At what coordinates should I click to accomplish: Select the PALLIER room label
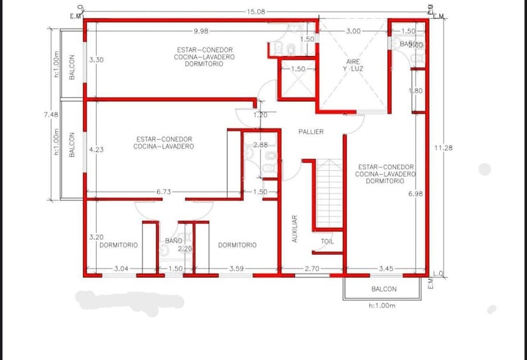(311, 132)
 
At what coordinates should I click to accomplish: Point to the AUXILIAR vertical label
(295, 228)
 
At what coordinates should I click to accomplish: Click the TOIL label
(327, 242)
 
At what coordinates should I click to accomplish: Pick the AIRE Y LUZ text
(353, 65)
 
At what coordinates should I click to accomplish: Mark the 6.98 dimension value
(416, 193)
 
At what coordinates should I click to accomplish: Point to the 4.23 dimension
(96, 149)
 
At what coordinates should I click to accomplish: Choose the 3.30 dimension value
(96, 59)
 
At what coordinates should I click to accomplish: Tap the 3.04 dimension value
(121, 268)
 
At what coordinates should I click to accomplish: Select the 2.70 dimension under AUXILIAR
(312, 269)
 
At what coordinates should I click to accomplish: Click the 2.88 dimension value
(260, 145)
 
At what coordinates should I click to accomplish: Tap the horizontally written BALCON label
(384, 289)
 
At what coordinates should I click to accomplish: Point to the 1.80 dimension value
(416, 91)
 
